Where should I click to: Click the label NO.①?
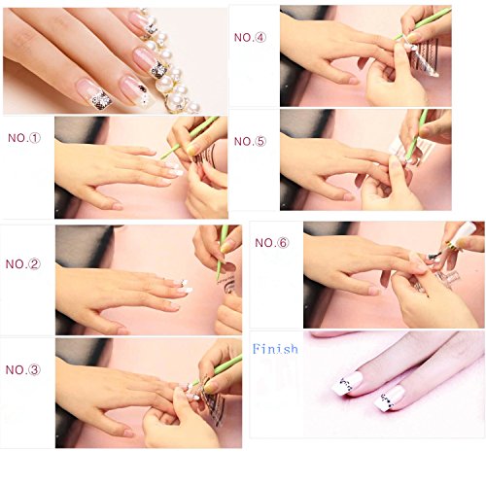click(24, 138)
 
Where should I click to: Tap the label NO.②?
click(23, 264)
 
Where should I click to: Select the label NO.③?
click(23, 369)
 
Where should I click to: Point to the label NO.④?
click(250, 37)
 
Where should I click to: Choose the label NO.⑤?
click(250, 141)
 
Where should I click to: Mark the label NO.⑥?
click(271, 243)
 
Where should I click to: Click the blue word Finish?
click(275, 349)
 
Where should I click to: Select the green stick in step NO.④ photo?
click(421, 23)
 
